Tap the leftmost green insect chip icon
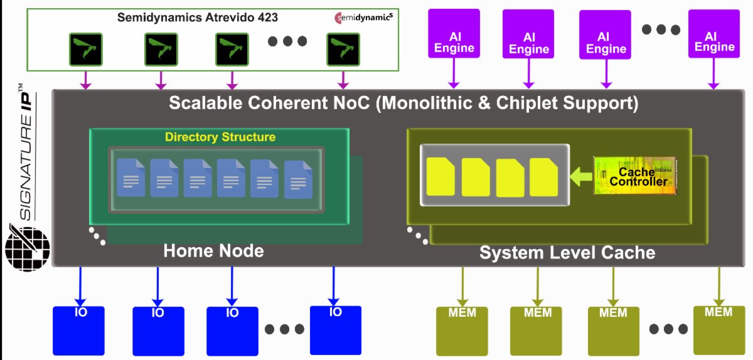click(85, 50)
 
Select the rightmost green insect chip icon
click(343, 50)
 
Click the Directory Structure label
click(220, 137)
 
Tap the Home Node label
click(213, 251)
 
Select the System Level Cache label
click(567, 253)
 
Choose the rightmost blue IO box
click(336, 330)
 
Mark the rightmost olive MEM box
click(719, 330)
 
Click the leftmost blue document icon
click(132, 178)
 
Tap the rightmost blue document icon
click(298, 180)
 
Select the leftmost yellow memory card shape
click(441, 176)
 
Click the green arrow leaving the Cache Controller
click(580, 176)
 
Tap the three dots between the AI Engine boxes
click(660, 29)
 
